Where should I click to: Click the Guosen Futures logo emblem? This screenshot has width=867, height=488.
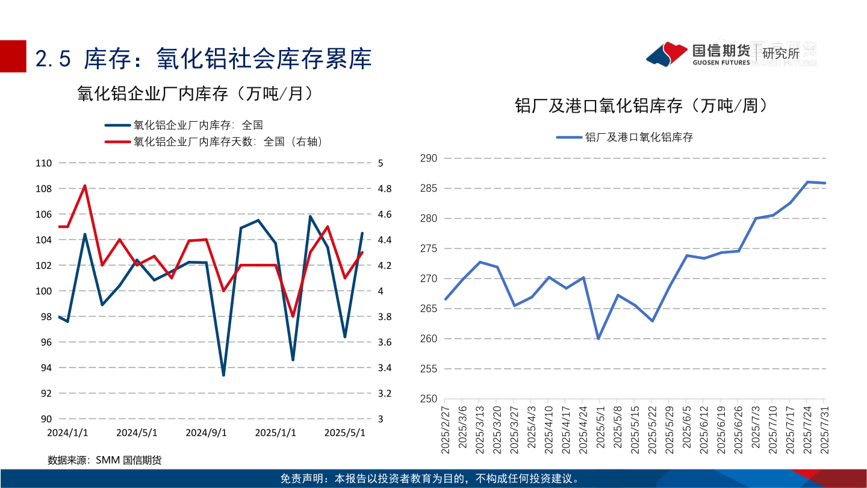tap(667, 54)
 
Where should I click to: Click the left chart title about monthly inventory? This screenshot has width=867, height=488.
tap(195, 93)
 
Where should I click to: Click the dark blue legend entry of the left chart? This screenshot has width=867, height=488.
tap(184, 125)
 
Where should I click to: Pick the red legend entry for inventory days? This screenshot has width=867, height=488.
tap(214, 142)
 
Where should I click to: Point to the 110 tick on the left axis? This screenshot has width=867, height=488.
tap(44, 163)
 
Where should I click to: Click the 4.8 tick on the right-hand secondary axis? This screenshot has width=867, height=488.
tap(384, 189)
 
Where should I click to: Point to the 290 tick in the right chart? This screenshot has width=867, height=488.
tap(428, 158)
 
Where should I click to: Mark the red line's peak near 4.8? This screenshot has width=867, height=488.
tap(85, 186)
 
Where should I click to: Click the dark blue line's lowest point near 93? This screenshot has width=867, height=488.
tap(223, 375)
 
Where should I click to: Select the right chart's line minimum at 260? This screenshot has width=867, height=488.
tap(598, 339)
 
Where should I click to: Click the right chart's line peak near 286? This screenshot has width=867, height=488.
tap(807, 182)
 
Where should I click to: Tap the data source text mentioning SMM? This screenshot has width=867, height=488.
tap(105, 460)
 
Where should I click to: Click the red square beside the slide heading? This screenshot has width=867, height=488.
tap(13, 56)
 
